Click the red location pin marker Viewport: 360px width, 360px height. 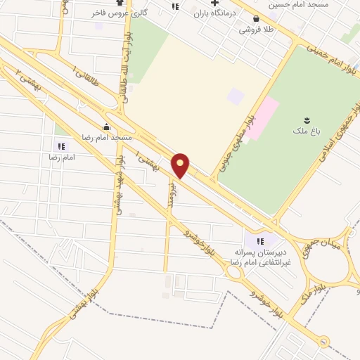click(180, 166)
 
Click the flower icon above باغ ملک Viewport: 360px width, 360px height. click(306, 120)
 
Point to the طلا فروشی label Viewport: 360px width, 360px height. click(255, 30)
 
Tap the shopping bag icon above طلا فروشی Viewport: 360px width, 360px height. click(255, 19)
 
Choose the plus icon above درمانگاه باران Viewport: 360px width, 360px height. click(214, 3)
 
